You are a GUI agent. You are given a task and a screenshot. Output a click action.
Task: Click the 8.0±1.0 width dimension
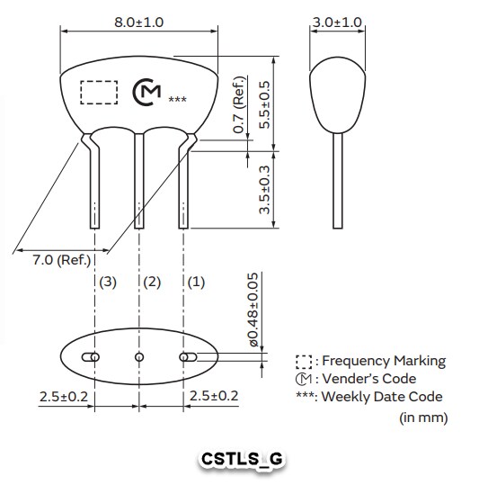[138, 22]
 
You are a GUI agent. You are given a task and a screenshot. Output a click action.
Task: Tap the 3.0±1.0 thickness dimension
[337, 22]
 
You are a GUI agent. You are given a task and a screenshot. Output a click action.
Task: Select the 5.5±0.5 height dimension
[265, 105]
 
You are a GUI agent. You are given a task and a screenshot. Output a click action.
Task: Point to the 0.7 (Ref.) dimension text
[239, 104]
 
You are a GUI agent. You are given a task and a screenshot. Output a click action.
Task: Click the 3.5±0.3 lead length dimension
[265, 190]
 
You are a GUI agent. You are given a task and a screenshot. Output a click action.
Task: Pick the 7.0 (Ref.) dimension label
[62, 260]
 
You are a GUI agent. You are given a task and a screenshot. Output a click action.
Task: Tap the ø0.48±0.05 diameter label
[253, 310]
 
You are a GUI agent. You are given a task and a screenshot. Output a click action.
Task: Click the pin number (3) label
[108, 283]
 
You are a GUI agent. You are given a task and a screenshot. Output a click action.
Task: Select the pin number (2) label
[152, 283]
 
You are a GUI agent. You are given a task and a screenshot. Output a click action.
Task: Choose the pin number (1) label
[196, 283]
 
